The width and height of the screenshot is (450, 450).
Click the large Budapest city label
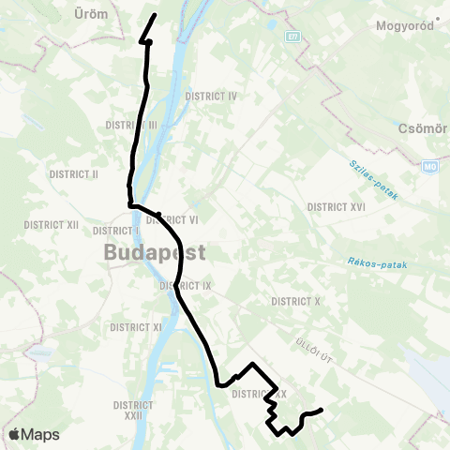click(x=155, y=252)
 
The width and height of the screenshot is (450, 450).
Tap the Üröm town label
click(x=91, y=14)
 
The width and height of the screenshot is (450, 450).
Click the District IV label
click(x=212, y=96)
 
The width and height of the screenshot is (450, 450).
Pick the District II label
click(x=71, y=173)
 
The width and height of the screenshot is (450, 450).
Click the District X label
click(x=296, y=301)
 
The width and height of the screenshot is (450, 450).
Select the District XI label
click(x=137, y=327)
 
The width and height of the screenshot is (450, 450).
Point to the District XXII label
click(x=132, y=411)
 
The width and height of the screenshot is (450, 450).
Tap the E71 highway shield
click(x=292, y=36)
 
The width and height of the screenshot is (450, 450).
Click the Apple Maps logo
click(x=33, y=435)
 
